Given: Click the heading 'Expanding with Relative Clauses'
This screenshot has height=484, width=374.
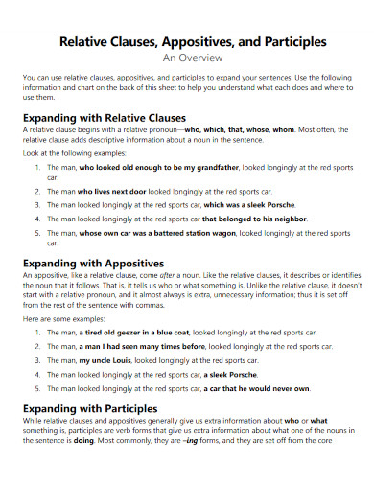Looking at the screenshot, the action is coord(105,119).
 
